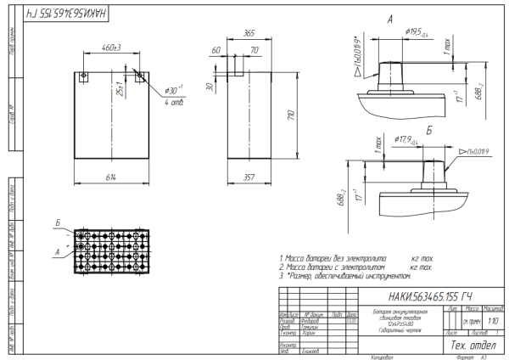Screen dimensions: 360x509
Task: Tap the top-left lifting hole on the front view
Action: tap(83, 76)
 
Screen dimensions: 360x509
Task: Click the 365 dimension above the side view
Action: tap(249, 32)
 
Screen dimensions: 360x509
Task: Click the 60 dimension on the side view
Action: tap(216, 51)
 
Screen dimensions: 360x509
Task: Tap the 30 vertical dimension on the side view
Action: tap(209, 86)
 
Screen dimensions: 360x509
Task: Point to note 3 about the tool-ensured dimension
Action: tap(347, 276)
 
